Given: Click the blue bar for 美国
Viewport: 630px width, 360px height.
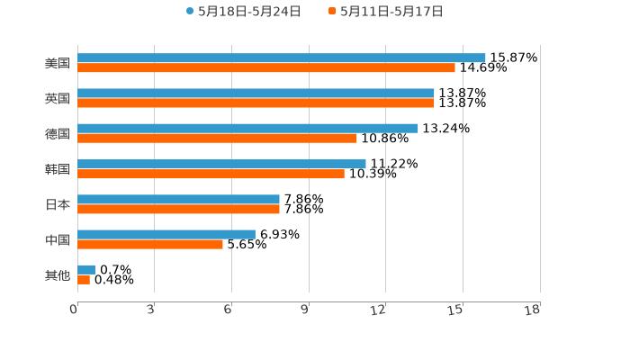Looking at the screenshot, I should (281, 58).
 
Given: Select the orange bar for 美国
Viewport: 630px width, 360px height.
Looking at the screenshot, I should (266, 68).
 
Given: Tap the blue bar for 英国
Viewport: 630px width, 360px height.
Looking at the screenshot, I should (256, 94).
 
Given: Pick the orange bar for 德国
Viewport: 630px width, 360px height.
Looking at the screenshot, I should (217, 139).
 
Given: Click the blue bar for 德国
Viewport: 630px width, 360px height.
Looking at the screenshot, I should (247, 129).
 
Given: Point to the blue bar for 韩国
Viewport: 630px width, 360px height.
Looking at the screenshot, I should (221, 164).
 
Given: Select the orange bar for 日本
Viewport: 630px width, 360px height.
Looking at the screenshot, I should (178, 209).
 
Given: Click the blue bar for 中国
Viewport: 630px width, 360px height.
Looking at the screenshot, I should (166, 234).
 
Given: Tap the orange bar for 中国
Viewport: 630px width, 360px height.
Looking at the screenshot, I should (150, 244).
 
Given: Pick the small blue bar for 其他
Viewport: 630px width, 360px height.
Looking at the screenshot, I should (86, 269).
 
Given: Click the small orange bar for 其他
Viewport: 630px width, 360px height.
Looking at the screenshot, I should (84, 280).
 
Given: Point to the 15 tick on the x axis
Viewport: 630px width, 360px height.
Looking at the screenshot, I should (455, 310).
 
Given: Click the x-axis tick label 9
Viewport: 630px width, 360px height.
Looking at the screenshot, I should (305, 310).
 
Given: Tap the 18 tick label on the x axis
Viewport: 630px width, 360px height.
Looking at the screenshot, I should (533, 310).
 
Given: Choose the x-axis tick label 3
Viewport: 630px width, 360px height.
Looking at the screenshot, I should (150, 310).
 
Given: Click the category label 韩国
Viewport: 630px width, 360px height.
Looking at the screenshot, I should (58, 169).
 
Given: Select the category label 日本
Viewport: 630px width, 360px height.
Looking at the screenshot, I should (58, 204).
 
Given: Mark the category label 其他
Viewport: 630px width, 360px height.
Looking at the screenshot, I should (58, 274).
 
